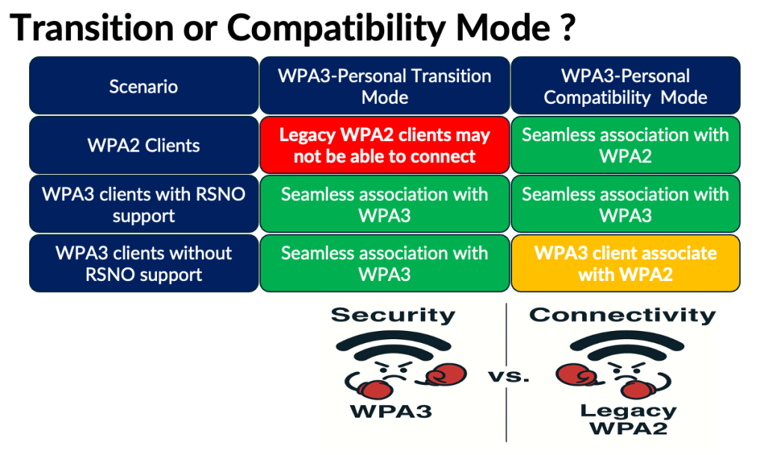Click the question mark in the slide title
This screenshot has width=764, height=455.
pyautogui.click(x=565, y=28)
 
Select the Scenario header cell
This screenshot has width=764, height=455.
pyautogui.click(x=144, y=86)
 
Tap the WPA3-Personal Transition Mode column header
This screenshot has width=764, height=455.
pyautogui.click(x=384, y=86)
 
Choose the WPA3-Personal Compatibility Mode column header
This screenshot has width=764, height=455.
pyautogui.click(x=625, y=86)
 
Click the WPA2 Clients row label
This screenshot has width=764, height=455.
pyautogui.click(x=144, y=145)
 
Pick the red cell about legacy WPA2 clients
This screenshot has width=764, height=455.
pyautogui.click(x=384, y=145)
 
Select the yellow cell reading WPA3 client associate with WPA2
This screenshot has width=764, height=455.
pyautogui.click(x=625, y=263)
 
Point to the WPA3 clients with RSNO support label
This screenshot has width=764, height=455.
pyautogui.click(x=144, y=204)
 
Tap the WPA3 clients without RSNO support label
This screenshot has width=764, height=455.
pyautogui.click(x=144, y=263)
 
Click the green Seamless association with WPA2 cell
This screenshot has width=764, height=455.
pyautogui.click(x=625, y=145)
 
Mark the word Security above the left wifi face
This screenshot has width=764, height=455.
pyautogui.click(x=392, y=315)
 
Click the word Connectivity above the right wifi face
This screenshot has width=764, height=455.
pyautogui.click(x=622, y=315)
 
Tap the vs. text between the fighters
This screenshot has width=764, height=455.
pyautogui.click(x=508, y=377)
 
